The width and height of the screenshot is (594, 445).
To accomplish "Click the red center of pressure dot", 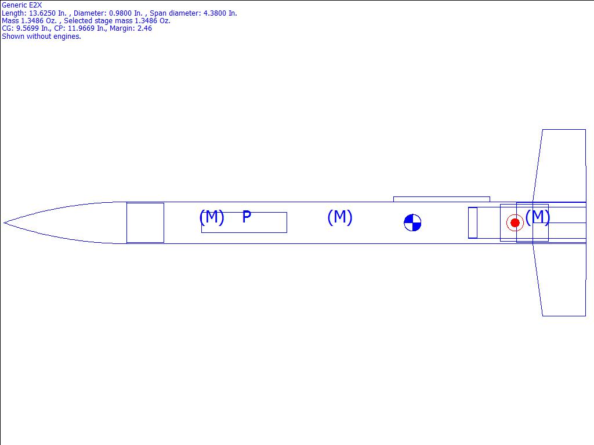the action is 515,223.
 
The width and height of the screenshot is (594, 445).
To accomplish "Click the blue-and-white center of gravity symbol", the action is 412,222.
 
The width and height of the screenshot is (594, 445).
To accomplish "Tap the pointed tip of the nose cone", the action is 4,222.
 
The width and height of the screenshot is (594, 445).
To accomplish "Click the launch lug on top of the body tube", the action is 441,199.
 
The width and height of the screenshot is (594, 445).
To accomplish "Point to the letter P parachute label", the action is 247,217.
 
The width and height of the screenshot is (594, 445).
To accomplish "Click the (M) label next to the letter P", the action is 212,217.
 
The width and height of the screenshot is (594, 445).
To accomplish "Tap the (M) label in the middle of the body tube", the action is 340,217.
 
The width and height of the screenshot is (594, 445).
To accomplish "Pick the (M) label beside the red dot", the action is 538,217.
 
